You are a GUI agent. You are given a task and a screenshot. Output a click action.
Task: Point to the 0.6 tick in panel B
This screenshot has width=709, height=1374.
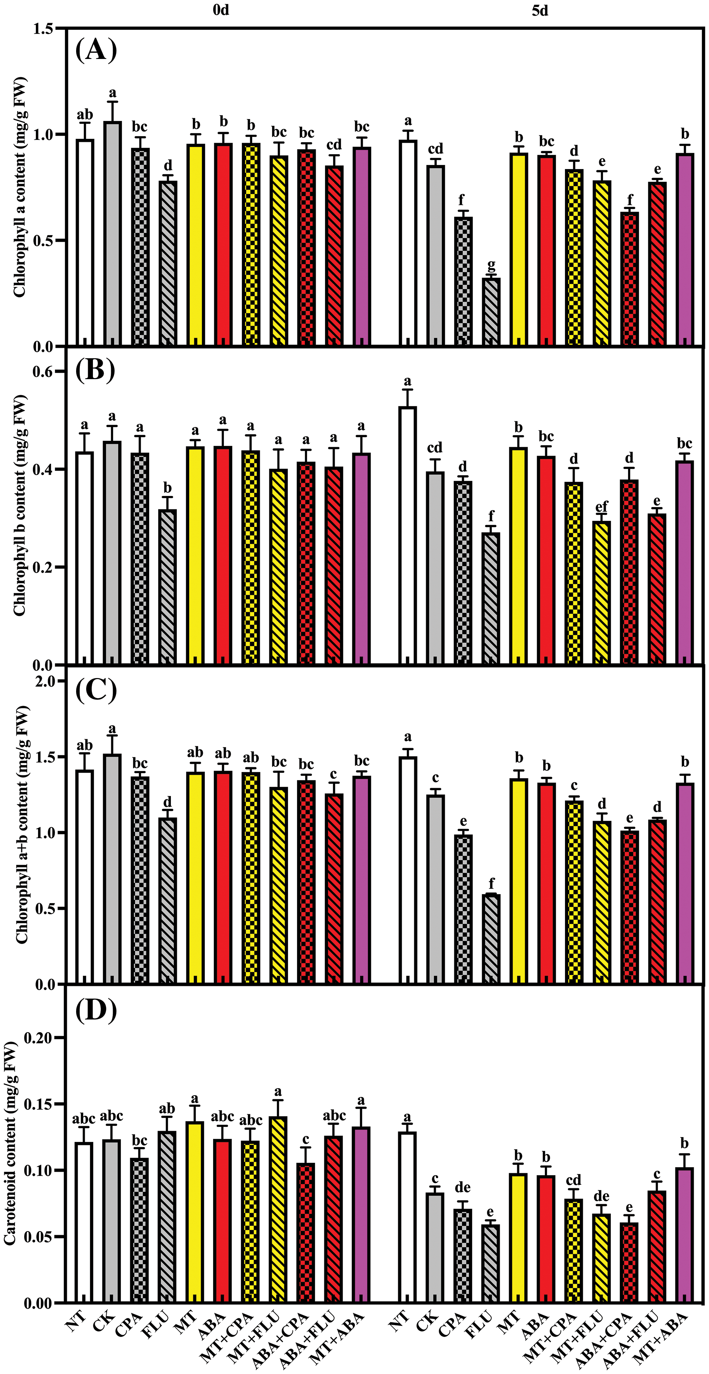coord(46,372)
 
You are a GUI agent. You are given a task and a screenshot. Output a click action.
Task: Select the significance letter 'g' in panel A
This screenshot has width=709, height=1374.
coord(491,265)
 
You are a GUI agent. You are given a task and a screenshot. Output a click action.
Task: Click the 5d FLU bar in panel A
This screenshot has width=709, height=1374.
coord(491,312)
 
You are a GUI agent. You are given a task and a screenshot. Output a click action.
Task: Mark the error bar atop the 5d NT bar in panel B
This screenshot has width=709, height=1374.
coord(408,398)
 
